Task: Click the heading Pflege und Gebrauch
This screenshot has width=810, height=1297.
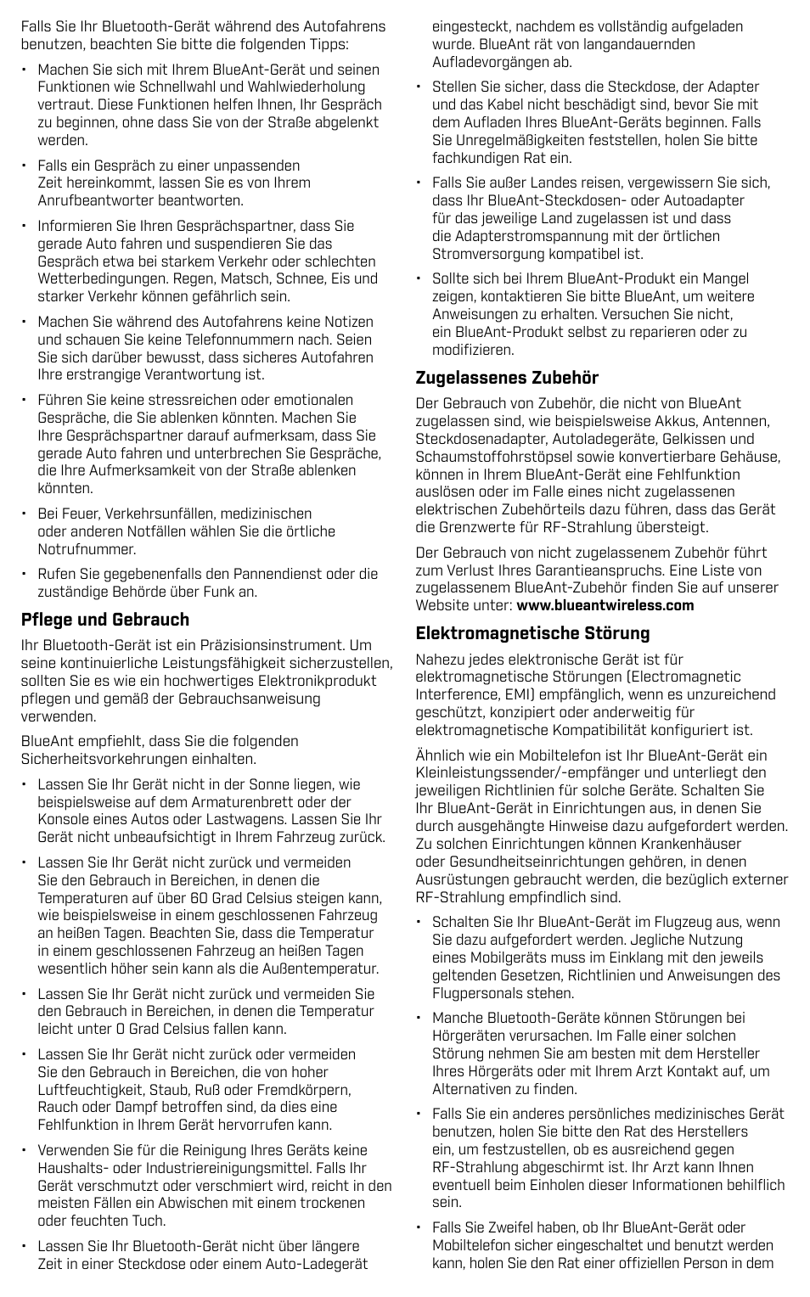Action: click(105, 620)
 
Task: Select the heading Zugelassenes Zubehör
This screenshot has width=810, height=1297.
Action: click(507, 378)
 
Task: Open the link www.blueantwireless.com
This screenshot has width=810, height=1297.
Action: click(605, 606)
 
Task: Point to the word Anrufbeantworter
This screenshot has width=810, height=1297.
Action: click(93, 201)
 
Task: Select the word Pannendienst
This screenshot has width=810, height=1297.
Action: click(260, 575)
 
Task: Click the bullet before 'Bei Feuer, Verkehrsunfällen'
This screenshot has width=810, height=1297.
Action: click(25, 514)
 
